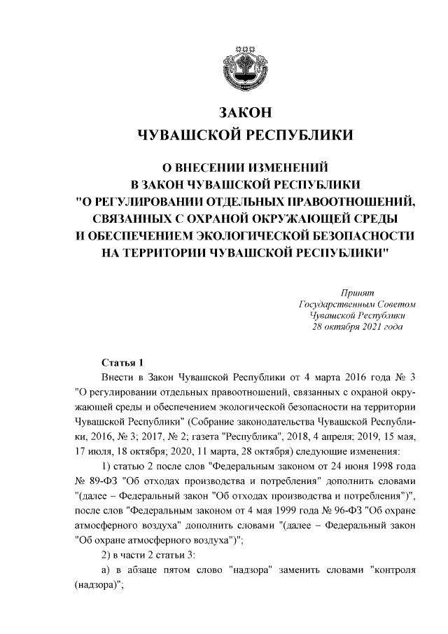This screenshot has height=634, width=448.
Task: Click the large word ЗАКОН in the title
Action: (x=244, y=113)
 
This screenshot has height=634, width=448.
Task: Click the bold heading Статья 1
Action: (x=122, y=362)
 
